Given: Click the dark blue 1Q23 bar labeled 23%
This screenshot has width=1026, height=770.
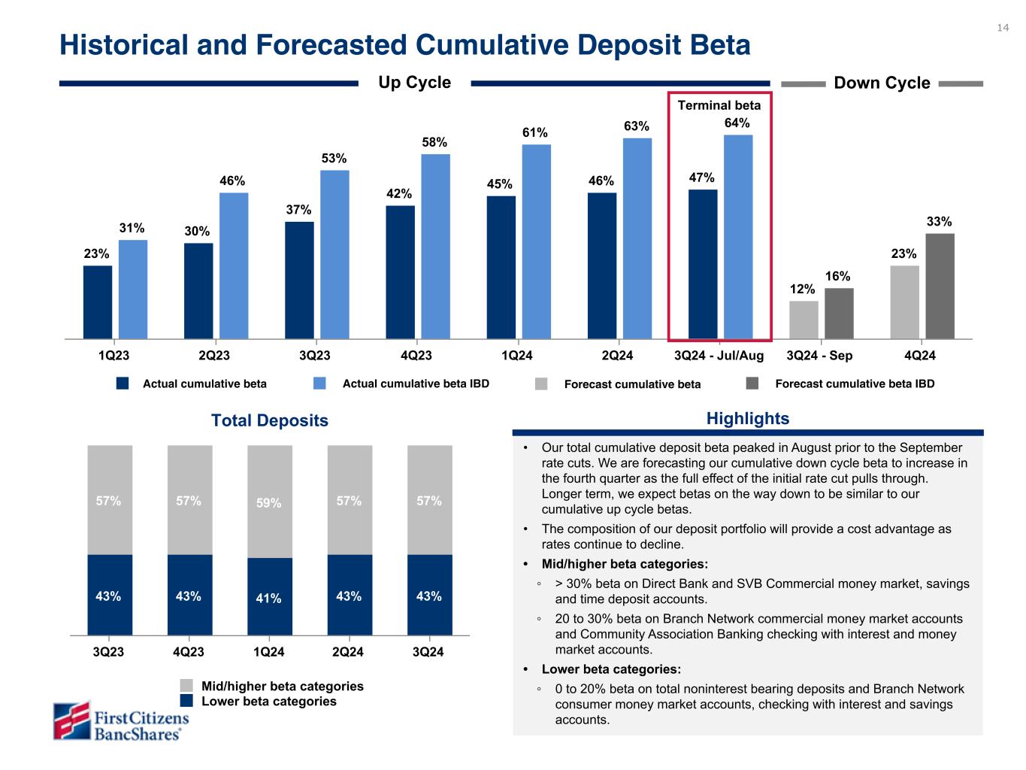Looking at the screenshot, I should pos(98,302).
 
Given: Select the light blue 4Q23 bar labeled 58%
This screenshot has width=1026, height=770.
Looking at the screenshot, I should pos(435,247).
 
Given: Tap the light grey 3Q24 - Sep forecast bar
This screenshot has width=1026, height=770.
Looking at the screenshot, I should pos(804,320).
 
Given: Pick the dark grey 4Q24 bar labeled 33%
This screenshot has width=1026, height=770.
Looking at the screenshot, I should pos(940,286).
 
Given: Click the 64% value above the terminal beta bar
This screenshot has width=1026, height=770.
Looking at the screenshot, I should pos(737,123).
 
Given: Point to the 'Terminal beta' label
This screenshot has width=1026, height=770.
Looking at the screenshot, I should pos(719,105).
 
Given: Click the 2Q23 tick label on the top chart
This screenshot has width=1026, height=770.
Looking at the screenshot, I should pos(213,355).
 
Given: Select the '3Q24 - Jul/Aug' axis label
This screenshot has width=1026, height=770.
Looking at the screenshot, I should pos(719,355).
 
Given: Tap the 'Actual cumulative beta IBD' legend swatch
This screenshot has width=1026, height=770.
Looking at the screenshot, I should pos(319,383).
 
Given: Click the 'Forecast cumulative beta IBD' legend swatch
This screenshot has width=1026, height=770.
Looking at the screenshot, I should pos(752,383).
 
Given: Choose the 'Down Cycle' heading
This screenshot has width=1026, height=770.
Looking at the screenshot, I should pos(882,83).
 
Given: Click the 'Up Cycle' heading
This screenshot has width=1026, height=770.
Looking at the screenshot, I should pos(414,83).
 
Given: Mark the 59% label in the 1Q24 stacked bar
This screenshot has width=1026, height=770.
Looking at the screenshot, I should pos(268,503).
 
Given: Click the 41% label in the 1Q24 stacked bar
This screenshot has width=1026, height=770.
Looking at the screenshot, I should pos(268,599).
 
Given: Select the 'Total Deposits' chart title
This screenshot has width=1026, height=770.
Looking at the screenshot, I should pos(270,420).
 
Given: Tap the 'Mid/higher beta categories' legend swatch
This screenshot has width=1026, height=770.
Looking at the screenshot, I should pos(186,686).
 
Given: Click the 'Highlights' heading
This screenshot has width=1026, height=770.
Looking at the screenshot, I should pos(748,419).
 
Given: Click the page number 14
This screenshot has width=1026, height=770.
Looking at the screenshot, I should pos(1003,28).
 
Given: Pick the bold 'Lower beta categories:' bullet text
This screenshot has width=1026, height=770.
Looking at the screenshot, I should pos(611,669).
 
